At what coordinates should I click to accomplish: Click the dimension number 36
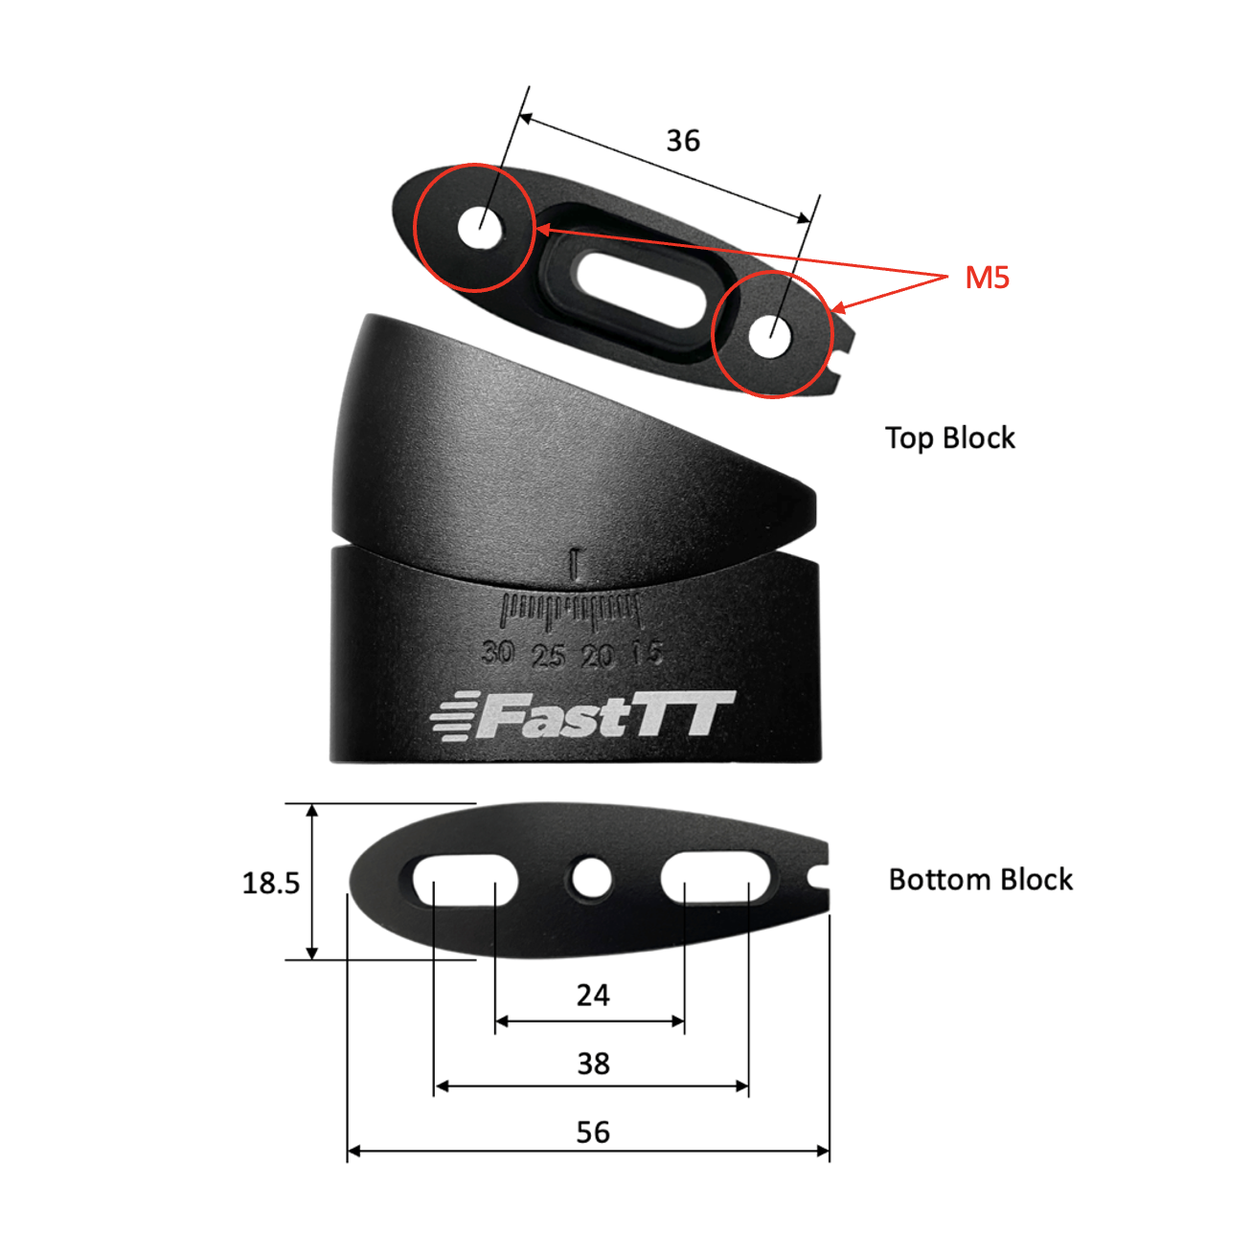point(683,141)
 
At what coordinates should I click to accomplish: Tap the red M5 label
point(987,278)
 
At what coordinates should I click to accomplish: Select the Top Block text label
point(949,438)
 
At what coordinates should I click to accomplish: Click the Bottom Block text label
point(980,880)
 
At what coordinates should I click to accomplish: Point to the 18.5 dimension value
point(270,883)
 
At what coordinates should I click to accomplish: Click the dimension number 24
point(593,996)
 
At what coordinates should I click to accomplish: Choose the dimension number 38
point(593,1064)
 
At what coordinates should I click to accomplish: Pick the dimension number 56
point(593,1133)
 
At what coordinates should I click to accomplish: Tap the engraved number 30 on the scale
point(497,652)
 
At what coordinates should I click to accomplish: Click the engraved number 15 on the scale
point(647,654)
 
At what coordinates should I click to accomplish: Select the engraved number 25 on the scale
point(548,656)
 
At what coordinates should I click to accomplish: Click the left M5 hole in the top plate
point(480,229)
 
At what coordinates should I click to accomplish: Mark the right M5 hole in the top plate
point(770,337)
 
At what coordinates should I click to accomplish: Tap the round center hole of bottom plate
point(590,879)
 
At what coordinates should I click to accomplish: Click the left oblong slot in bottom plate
point(465,881)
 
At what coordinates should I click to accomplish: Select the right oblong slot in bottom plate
point(716,879)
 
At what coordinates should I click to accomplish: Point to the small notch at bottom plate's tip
point(819,876)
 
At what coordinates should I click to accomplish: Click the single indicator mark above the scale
point(574,564)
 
